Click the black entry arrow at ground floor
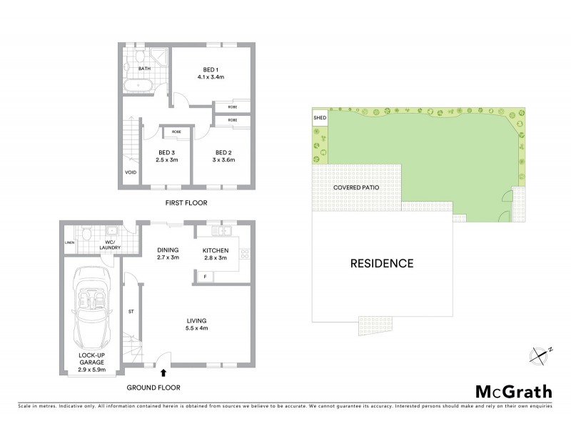click(165, 372)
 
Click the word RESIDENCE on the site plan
click(382, 263)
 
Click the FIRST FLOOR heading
click(186, 203)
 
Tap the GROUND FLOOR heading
click(153, 387)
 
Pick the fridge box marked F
click(206, 275)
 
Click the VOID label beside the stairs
click(130, 172)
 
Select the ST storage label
click(132, 311)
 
